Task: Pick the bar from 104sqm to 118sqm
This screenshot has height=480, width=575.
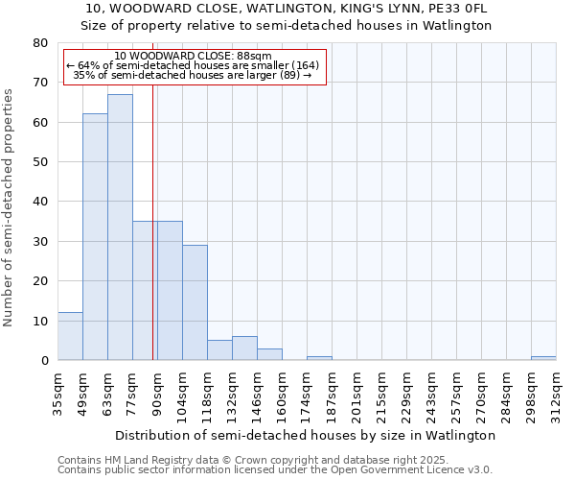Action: click(195, 302)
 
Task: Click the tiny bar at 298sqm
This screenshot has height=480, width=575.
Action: click(543, 358)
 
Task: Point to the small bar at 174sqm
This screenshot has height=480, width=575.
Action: click(319, 358)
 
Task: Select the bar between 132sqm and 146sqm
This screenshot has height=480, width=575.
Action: click(244, 348)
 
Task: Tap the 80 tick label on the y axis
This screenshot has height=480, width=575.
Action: click(40, 43)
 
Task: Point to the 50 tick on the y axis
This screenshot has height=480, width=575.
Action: click(40, 162)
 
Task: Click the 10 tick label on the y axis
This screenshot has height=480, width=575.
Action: click(40, 321)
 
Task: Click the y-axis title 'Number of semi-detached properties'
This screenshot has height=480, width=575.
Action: click(9, 206)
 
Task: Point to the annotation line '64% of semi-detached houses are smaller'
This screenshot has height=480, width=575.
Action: click(192, 65)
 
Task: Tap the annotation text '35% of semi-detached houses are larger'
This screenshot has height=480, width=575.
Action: click(192, 75)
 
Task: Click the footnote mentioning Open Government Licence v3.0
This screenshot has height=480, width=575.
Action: click(275, 470)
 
